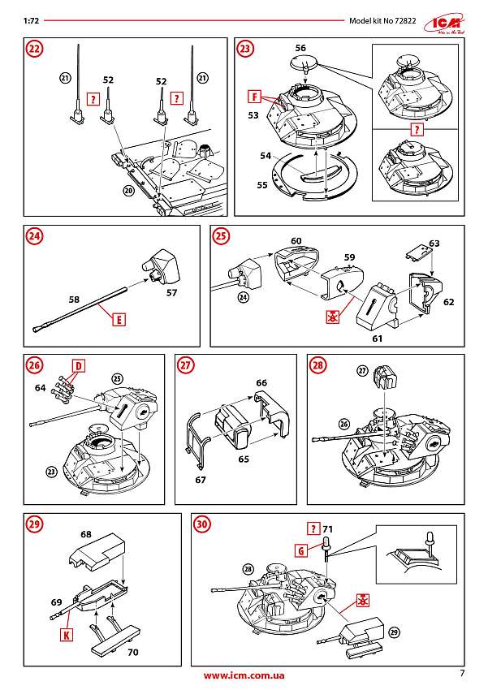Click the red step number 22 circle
(x=34, y=48)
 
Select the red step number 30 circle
(x=203, y=524)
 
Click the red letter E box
(x=119, y=319)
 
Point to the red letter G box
(x=300, y=550)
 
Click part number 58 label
(x=74, y=300)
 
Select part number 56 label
(x=300, y=48)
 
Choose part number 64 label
(x=41, y=388)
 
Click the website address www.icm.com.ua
(x=244, y=675)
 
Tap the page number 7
(x=461, y=672)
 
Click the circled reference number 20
(x=127, y=191)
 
